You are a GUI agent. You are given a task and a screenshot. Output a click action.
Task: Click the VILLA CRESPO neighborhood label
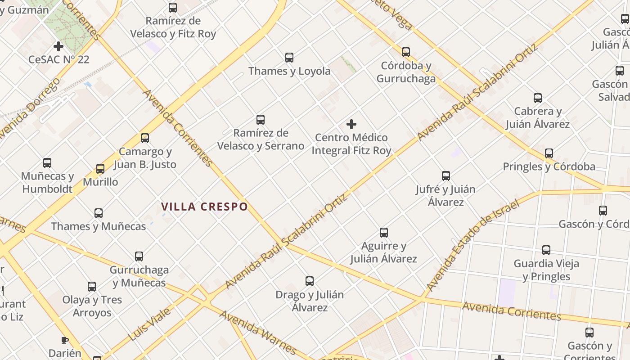pos(205,207)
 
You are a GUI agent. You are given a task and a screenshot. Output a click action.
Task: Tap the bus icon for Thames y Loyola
pos(289,58)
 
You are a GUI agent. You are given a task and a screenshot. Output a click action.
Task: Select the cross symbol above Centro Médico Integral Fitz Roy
pos(351,124)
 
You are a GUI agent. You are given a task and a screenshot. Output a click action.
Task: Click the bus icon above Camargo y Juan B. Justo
pos(144,138)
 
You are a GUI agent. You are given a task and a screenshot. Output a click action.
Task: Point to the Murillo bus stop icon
pos(100,169)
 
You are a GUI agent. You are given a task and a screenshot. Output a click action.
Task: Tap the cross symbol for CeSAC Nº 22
pos(58,46)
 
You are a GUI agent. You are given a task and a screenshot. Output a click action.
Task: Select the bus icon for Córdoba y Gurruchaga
pos(406,52)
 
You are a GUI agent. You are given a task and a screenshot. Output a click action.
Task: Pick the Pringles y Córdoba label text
pos(549,166)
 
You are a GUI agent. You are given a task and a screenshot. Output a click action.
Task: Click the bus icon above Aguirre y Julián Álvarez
pos(384,233)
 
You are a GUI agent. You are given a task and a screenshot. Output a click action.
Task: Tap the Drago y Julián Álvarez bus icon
pos(310,281)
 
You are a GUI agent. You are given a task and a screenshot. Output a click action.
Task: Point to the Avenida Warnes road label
pos(258,332)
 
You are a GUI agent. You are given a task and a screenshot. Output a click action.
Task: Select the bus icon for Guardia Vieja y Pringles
pos(546,250)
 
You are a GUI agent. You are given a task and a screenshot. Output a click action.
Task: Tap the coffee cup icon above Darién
pos(64,340)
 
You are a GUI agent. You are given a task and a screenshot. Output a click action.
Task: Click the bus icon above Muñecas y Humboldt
pos(47,163)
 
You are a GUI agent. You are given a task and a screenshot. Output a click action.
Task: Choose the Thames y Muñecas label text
pos(99,226)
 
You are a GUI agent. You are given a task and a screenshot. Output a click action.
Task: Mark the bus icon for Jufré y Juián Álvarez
pos(446,176)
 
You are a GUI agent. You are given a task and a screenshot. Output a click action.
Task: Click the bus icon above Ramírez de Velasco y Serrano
pos(261,120)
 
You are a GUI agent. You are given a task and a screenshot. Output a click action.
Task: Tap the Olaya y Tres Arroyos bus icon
pos(92,287)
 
